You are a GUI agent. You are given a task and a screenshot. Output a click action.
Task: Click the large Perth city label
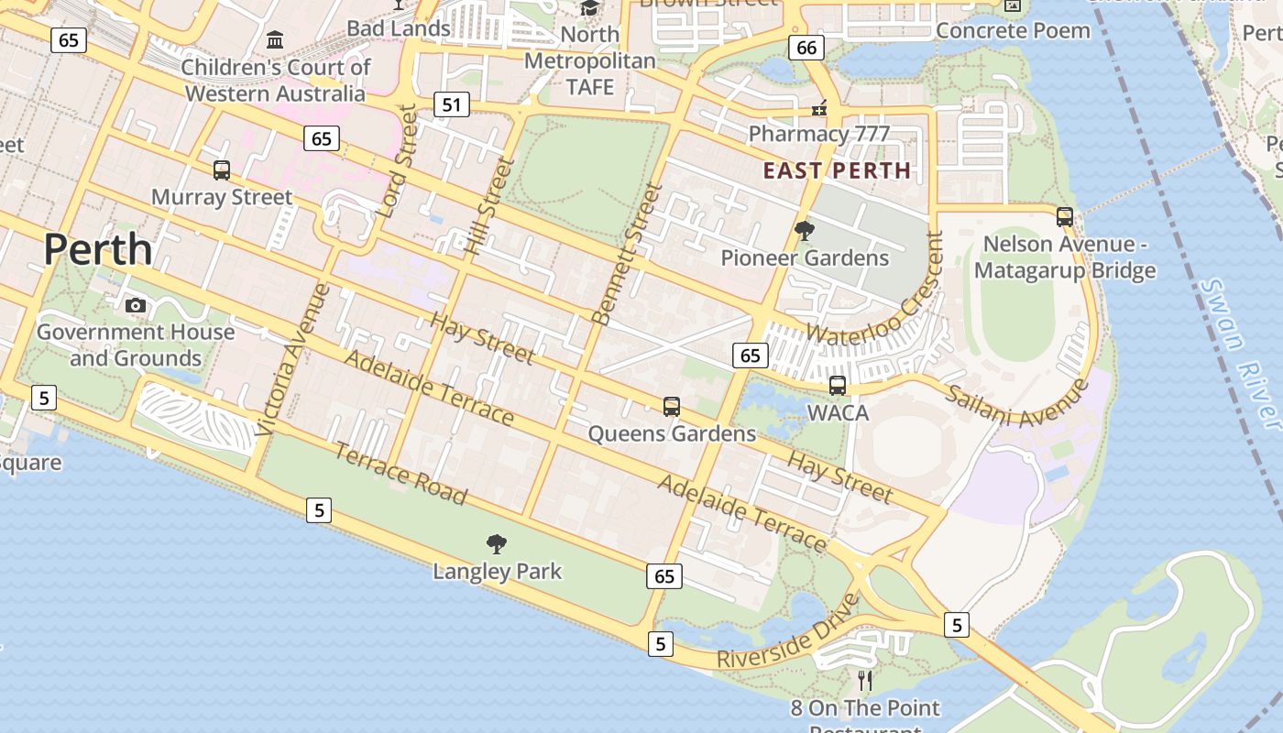pyautogui.click(x=97, y=249)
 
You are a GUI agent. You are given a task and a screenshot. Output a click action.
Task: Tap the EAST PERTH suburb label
pyautogui.click(x=837, y=170)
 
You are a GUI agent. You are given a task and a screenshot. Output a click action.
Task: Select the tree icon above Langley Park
pyautogui.click(x=497, y=544)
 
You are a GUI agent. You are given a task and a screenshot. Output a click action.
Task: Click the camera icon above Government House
pyautogui.click(x=136, y=305)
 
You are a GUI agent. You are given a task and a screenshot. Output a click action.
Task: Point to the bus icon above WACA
pyautogui.click(x=838, y=386)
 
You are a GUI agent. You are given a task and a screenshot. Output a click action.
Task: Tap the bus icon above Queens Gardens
pyautogui.click(x=672, y=407)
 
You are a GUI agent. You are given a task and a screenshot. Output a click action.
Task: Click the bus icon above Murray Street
pyautogui.click(x=222, y=170)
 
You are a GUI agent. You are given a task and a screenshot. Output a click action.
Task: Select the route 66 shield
pyautogui.click(x=806, y=49)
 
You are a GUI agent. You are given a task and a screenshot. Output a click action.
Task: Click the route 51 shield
pyautogui.click(x=451, y=104)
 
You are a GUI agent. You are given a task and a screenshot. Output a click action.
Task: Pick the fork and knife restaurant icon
pyautogui.click(x=864, y=680)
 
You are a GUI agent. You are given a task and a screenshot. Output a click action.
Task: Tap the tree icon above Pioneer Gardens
pyautogui.click(x=805, y=231)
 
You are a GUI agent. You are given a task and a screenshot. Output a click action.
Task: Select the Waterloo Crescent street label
pyautogui.click(x=875, y=289)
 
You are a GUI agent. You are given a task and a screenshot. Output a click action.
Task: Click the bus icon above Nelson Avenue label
pyautogui.click(x=1064, y=217)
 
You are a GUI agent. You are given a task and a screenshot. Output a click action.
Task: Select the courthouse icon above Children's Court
pyautogui.click(x=275, y=39)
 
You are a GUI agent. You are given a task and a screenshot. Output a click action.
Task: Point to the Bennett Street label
pyautogui.click(x=627, y=254)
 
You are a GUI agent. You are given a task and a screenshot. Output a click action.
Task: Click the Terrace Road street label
pyautogui.click(x=400, y=473)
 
